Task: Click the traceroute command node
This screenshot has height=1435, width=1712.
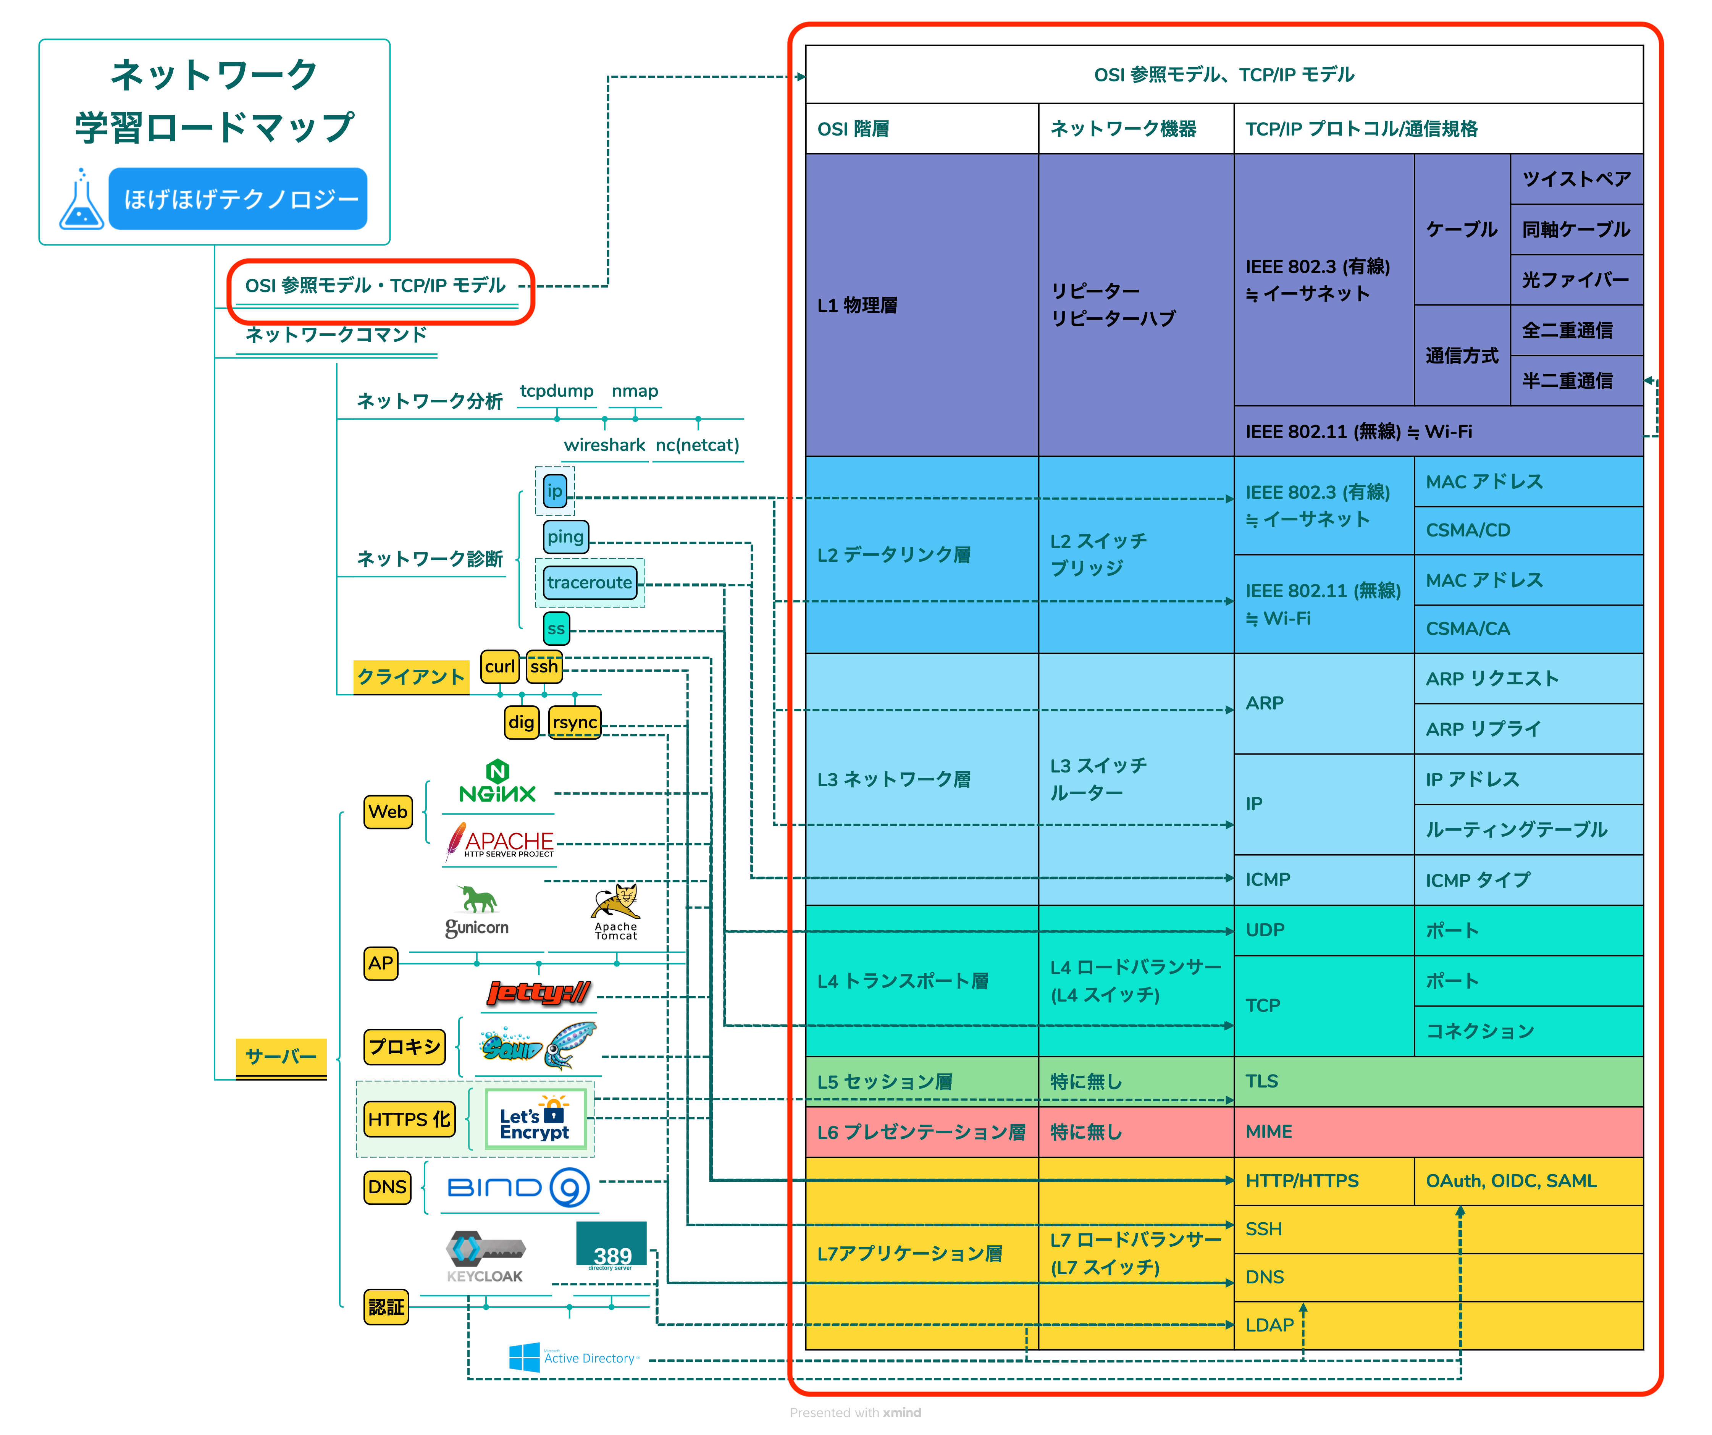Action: click(x=590, y=582)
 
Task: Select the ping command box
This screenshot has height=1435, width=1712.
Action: click(x=566, y=537)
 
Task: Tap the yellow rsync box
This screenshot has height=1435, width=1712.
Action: click(x=575, y=722)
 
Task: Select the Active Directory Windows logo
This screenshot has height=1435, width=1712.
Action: click(x=524, y=1357)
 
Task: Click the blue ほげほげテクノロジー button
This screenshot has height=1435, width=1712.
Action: click(x=238, y=199)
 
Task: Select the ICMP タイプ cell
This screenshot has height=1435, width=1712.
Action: click(x=1529, y=880)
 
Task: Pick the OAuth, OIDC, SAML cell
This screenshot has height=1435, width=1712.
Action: click(x=1529, y=1181)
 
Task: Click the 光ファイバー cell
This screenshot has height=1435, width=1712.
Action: click(x=1577, y=280)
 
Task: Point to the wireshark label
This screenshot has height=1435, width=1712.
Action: click(x=604, y=445)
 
